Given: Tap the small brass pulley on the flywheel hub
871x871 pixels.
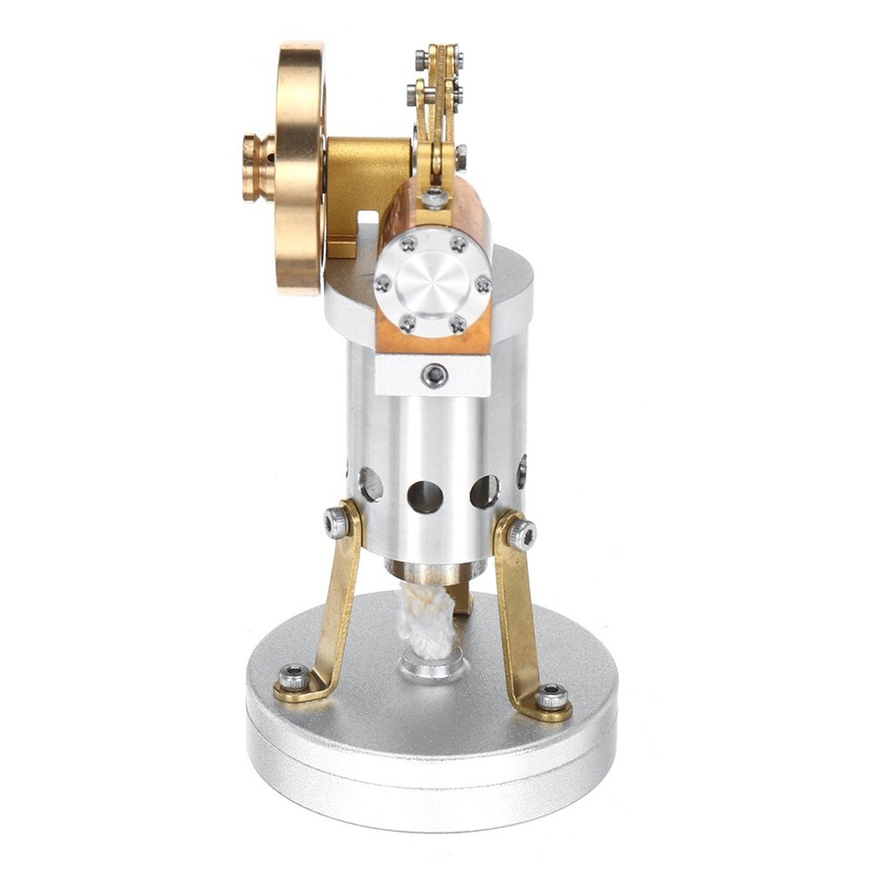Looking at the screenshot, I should (258, 167).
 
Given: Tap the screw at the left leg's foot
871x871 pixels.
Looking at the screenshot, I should (292, 677).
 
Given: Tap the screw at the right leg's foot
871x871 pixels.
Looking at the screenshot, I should (551, 697).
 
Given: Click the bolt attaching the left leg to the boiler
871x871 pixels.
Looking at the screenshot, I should (338, 522).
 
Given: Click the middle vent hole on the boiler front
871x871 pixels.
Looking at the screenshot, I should (425, 496).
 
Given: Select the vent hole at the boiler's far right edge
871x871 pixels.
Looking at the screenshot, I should (522, 472).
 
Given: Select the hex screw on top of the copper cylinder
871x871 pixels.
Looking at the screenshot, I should (435, 198).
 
